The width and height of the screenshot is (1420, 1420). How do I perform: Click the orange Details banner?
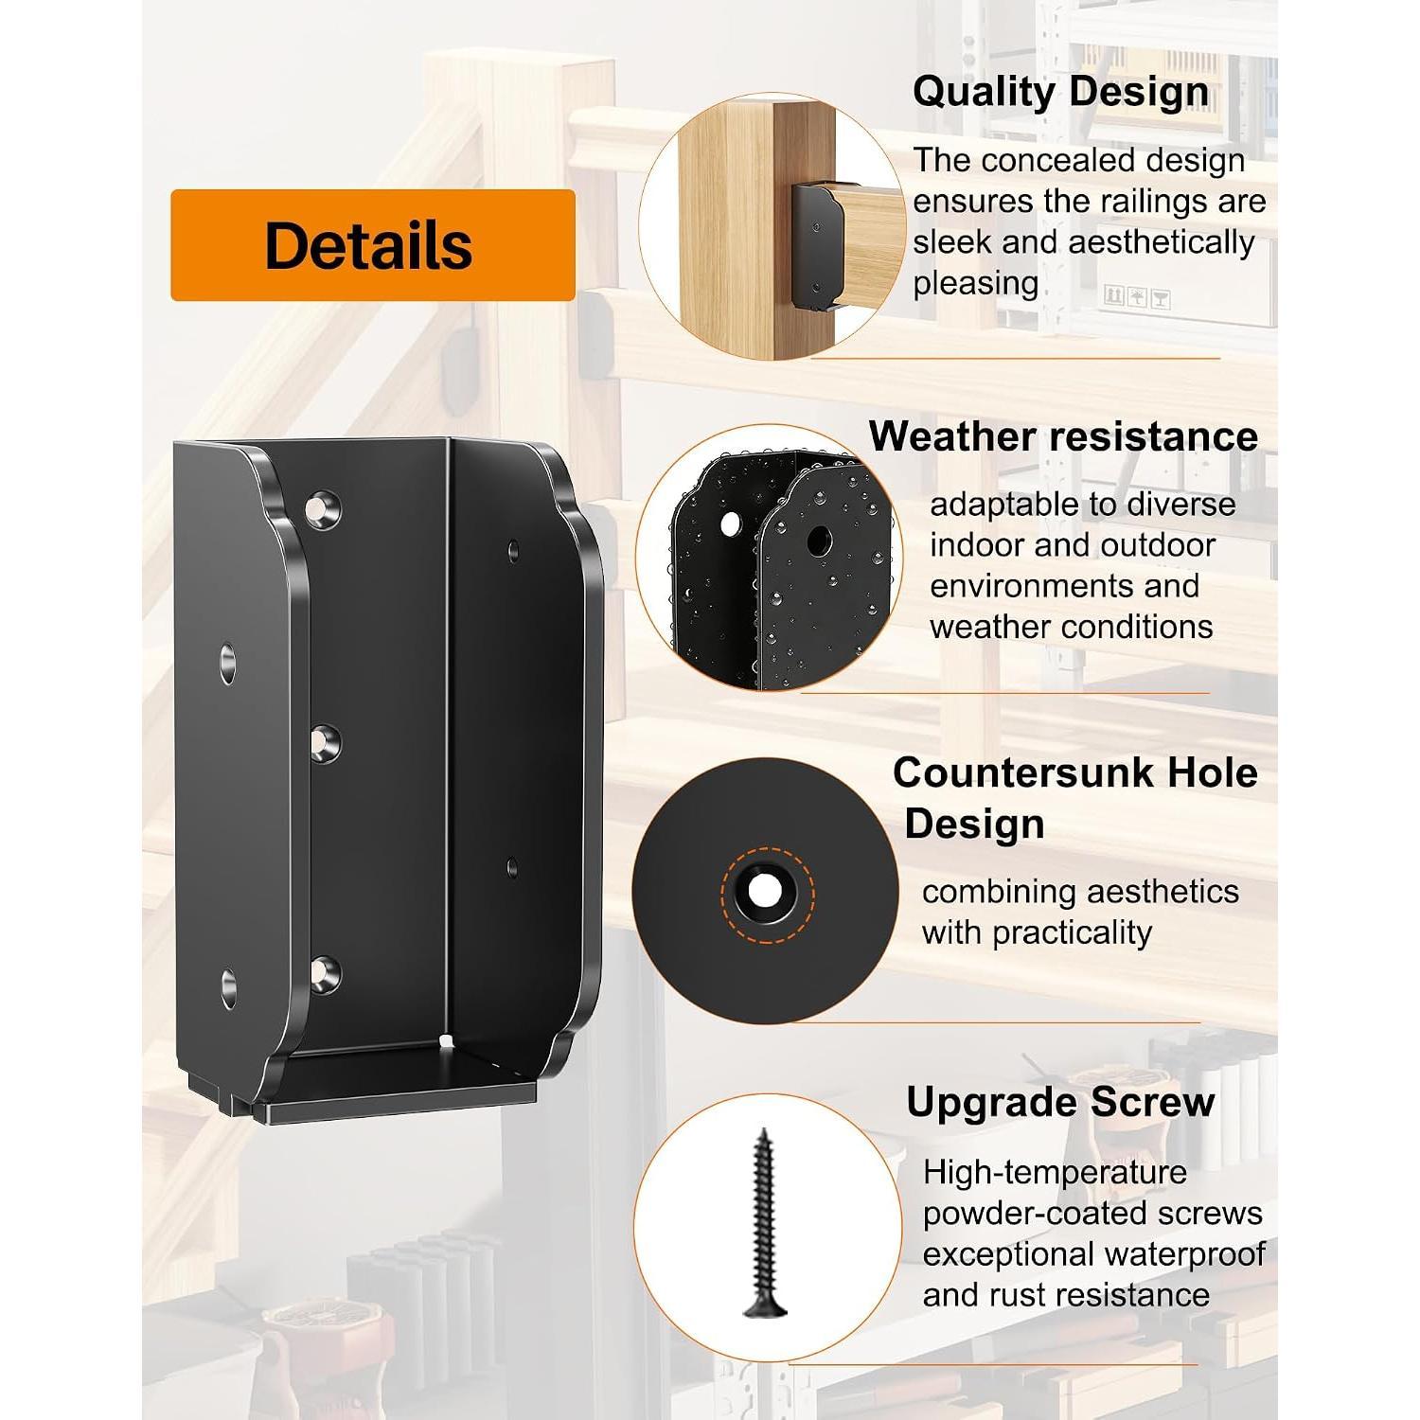(373, 245)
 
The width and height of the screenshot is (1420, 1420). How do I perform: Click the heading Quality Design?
(1060, 93)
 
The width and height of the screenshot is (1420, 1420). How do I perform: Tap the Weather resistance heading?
(1063, 436)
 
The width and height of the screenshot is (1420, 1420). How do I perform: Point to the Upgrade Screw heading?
(1060, 1102)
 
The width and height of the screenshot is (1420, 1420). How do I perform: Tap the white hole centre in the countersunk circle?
(762, 891)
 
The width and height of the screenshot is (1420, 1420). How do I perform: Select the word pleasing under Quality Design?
(976, 284)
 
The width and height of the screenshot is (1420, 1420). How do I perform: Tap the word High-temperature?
(1055, 1173)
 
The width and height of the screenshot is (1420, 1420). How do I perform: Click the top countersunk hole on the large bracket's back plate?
(323, 509)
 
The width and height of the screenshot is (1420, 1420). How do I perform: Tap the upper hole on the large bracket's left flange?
(228, 664)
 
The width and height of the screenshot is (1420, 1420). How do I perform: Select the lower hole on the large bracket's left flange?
(229, 988)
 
